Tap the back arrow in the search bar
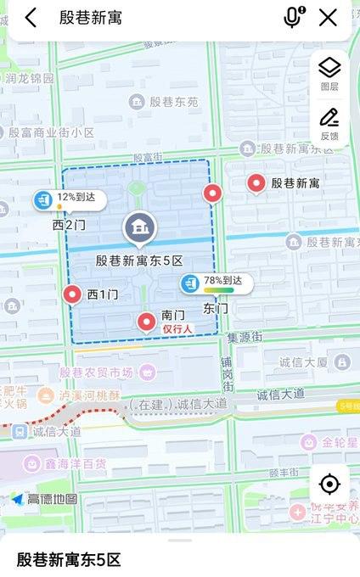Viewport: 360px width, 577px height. click(31, 18)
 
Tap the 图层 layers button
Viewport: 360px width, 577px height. click(329, 72)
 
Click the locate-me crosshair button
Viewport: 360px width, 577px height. click(329, 485)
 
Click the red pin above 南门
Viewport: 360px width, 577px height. click(147, 322)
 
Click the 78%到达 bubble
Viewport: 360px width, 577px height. click(216, 283)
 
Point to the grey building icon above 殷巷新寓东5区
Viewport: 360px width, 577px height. click(138, 227)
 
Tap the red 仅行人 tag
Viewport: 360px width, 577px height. click(178, 328)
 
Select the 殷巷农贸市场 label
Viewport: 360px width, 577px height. click(96, 373)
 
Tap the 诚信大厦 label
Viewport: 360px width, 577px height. click(303, 362)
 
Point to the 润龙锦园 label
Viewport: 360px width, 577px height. click(30, 78)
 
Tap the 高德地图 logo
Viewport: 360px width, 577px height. click(44, 499)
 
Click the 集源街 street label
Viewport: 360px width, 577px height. click(246, 337)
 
